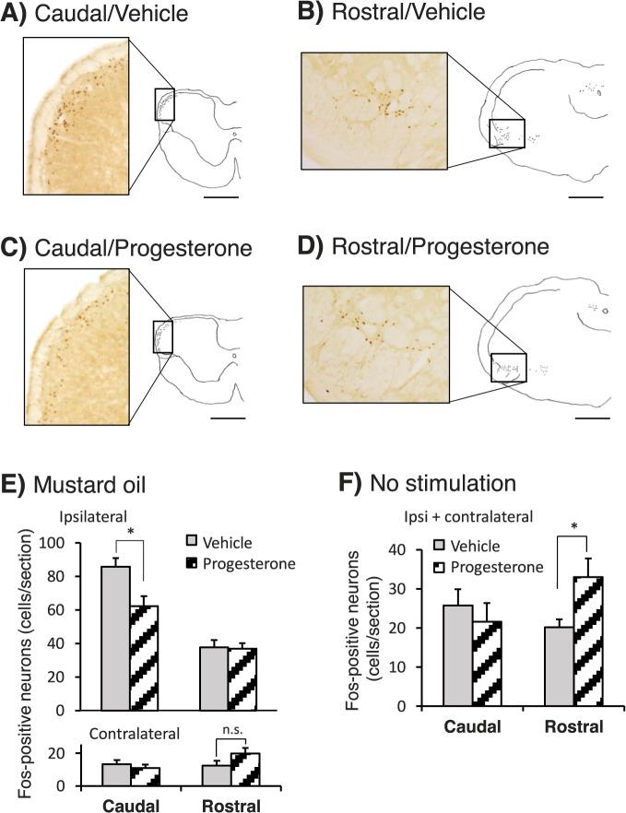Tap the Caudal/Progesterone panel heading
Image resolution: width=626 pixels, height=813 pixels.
pyautogui.click(x=144, y=248)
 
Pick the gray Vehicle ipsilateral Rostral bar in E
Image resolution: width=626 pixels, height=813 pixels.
pyautogui.click(x=214, y=678)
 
